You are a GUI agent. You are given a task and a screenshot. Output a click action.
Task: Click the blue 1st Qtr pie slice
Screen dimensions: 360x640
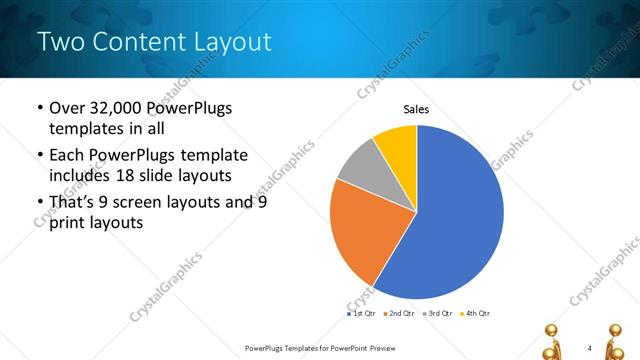(x=450, y=220)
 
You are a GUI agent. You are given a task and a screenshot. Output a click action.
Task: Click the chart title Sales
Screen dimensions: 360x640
(x=416, y=109)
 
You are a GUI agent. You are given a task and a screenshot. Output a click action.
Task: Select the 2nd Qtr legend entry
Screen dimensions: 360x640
(x=400, y=313)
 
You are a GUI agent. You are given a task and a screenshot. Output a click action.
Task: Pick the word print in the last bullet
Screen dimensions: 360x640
(x=68, y=223)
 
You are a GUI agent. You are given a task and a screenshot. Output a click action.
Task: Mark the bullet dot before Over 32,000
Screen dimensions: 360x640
(x=39, y=108)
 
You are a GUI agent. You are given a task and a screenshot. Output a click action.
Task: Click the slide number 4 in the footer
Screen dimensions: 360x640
(x=590, y=347)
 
